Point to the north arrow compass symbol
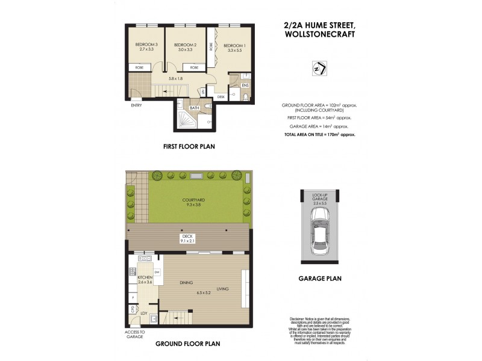(319, 69)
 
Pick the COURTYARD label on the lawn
(187, 200)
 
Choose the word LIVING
(222, 289)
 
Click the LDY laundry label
(143, 313)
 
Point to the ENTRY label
(136, 106)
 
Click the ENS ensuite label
(245, 85)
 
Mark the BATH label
(195, 108)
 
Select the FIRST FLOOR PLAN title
(189, 146)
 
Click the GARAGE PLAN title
(321, 279)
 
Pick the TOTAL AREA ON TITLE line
(319, 135)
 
